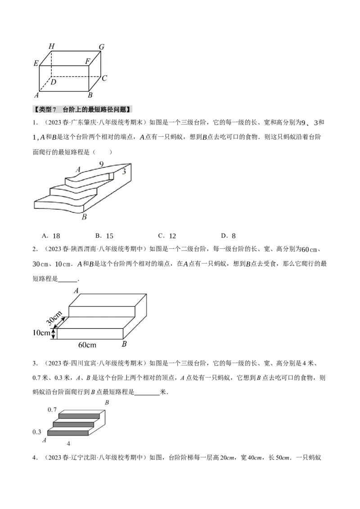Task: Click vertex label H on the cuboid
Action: pyautogui.click(x=52, y=46)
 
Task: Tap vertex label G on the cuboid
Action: pyautogui.click(x=102, y=47)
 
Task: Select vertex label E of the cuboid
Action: pyautogui.click(x=36, y=63)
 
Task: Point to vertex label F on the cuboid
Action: pyautogui.click(x=88, y=61)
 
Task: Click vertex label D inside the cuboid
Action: pyautogui.click(x=53, y=81)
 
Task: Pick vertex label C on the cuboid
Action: pyautogui.click(x=104, y=78)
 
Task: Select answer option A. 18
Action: pyautogui.click(x=51, y=236)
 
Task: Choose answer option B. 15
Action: pyautogui.click(x=104, y=236)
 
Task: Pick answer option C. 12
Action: pyautogui.click(x=167, y=236)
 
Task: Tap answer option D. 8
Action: pyautogui.click(x=229, y=236)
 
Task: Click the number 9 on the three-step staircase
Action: pyautogui.click(x=101, y=164)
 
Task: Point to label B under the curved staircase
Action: pyautogui.click(x=84, y=217)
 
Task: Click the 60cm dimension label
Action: pyautogui.click(x=87, y=345)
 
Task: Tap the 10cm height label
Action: pyautogui.click(x=41, y=333)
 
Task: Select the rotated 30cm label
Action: pyautogui.click(x=54, y=318)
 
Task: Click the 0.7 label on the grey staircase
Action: pyautogui.click(x=52, y=410)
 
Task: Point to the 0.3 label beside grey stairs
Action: pyautogui.click(x=37, y=432)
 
